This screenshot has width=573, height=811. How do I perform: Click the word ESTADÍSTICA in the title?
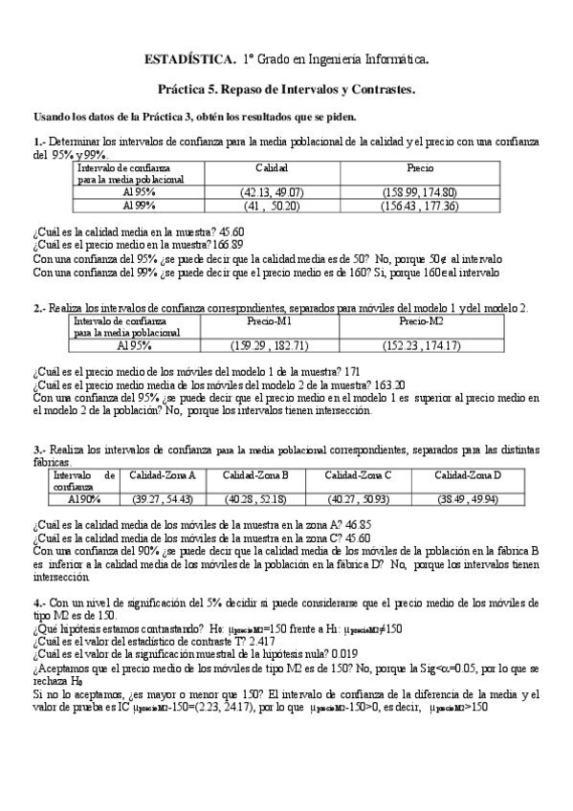[x=188, y=59]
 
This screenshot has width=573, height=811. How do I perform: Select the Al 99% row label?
[x=140, y=206]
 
